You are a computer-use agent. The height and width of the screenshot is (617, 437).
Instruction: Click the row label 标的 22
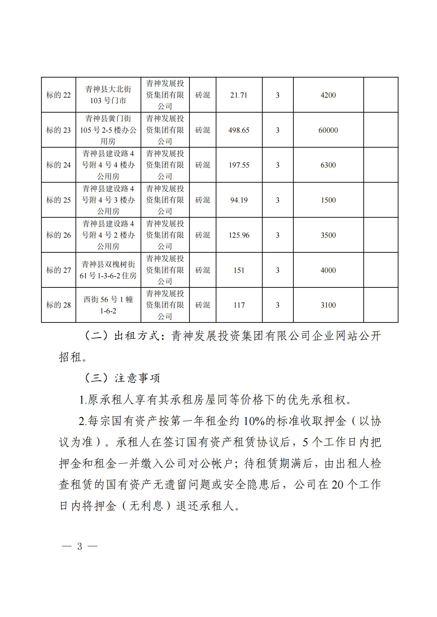click(58, 95)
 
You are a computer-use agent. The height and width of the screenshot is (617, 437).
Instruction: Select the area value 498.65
click(239, 130)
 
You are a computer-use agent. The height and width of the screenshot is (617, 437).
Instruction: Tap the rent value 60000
click(328, 130)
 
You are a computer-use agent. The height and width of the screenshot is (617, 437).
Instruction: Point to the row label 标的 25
click(58, 200)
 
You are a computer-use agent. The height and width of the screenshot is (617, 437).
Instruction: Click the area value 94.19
click(239, 200)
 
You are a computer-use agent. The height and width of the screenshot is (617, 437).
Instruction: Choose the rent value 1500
click(328, 200)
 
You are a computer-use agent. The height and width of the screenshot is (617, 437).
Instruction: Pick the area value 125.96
click(239, 235)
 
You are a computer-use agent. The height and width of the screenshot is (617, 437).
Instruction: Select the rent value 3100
click(328, 305)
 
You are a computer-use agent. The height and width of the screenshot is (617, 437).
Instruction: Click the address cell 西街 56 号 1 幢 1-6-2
click(108, 305)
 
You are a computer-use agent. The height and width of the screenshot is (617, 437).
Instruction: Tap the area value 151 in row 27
click(239, 270)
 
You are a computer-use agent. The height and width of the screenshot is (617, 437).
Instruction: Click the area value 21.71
click(239, 95)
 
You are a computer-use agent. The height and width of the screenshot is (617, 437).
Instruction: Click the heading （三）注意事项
click(123, 378)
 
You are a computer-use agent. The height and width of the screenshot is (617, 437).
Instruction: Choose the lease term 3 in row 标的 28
click(278, 305)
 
